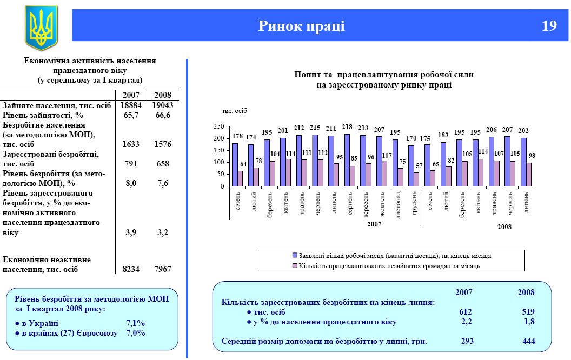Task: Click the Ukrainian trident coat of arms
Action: [41, 28]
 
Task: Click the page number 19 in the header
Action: [549, 26]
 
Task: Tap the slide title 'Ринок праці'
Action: [301, 26]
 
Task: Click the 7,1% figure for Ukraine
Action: [135, 323]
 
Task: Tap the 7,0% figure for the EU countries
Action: [135, 333]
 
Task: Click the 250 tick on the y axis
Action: [218, 126]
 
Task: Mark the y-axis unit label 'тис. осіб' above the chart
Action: [234, 111]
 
